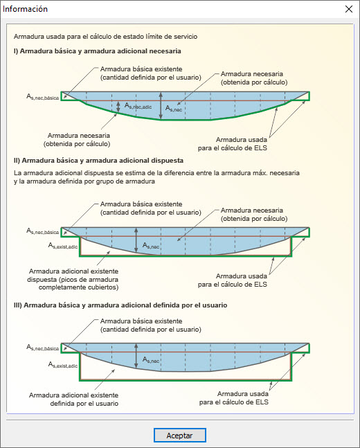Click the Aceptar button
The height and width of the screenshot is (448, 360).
coord(179,436)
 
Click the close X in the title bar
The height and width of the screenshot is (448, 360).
coord(348,9)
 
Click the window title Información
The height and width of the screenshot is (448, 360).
coord(26,9)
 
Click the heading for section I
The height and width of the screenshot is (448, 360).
coord(97,51)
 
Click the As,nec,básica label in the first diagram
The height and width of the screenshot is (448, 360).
coord(43,98)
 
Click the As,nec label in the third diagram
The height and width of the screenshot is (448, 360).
coord(152,360)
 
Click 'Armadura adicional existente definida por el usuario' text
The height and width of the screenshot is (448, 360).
coord(73,399)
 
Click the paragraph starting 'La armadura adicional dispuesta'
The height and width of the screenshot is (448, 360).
coord(150,177)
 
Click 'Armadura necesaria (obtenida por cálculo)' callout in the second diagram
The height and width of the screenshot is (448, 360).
coord(252,213)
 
